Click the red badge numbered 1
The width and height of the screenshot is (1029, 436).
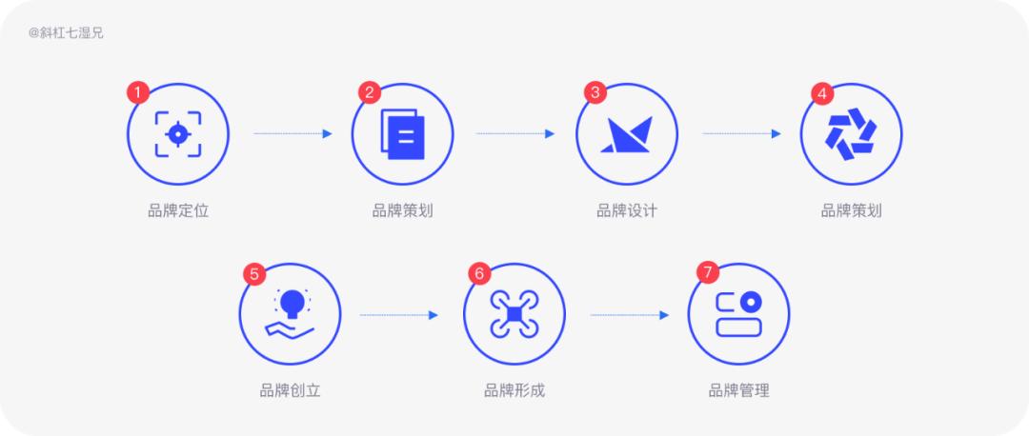(138, 92)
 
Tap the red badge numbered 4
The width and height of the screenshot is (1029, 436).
(821, 93)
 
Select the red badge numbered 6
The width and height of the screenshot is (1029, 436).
(479, 273)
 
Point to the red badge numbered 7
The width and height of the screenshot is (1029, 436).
(707, 273)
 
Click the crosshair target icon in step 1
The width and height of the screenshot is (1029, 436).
(178, 133)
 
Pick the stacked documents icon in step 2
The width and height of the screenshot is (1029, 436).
(403, 133)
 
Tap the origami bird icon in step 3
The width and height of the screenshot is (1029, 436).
(627, 134)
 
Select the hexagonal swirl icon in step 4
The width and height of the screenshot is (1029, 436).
(851, 133)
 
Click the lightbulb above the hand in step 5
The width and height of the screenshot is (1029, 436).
(292, 304)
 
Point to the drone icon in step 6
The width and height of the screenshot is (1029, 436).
(514, 315)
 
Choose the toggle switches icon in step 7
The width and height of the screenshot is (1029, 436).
(739, 314)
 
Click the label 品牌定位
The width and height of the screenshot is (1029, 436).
(178, 211)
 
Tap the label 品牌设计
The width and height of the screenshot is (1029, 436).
(627, 211)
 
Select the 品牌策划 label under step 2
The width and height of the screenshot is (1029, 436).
(402, 211)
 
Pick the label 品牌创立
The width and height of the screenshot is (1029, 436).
(290, 391)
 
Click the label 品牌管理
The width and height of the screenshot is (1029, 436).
(739, 391)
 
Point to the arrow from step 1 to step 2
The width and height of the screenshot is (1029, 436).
(293, 133)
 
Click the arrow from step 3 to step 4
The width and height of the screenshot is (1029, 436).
(741, 133)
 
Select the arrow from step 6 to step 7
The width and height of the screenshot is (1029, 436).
(630, 315)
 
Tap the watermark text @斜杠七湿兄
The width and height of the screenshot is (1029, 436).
(67, 33)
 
